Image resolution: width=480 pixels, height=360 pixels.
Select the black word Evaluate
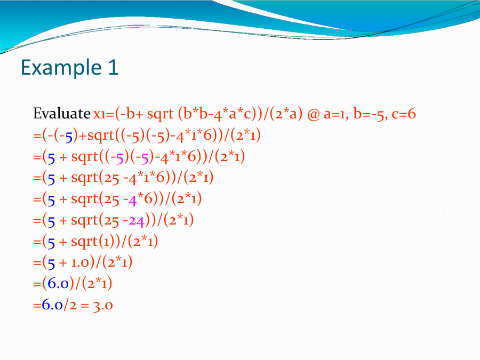pos(61,114)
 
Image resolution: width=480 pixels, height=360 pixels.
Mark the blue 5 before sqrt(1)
pos(51,242)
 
